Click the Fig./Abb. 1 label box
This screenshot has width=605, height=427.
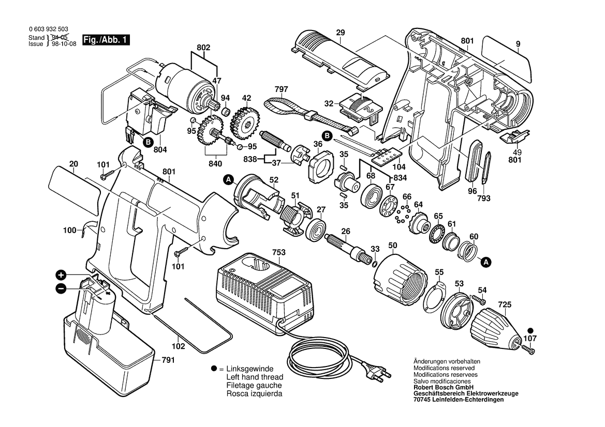(107, 40)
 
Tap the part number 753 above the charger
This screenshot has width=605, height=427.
(279, 252)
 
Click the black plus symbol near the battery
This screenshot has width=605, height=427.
(61, 275)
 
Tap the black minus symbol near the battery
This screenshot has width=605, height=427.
(61, 288)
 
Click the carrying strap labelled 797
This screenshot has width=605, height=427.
(305, 111)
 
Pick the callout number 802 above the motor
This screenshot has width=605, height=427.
(204, 48)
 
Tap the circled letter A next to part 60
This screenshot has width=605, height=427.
(486, 263)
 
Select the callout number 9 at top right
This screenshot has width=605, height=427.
(518, 45)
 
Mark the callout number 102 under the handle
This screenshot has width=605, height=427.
(178, 347)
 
